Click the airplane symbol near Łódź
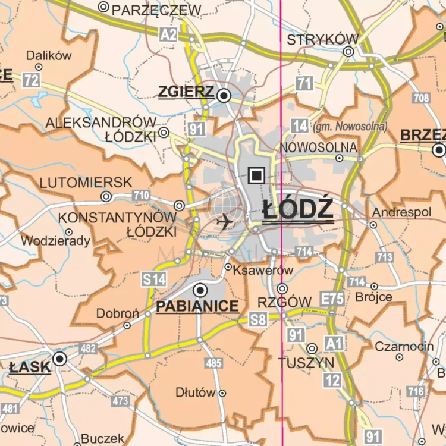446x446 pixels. [x=225, y=222]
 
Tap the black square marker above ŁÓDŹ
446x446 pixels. [x=257, y=175]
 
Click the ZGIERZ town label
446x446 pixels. [x=186, y=92]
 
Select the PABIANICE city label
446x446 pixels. [x=197, y=306]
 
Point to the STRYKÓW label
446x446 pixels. [x=322, y=40]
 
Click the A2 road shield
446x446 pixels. [x=168, y=34]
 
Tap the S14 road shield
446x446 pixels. [x=154, y=278]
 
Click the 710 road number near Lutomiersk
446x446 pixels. [x=141, y=195]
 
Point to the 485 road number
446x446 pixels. [x=213, y=363]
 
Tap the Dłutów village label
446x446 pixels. [x=195, y=392]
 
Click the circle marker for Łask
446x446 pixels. [x=59, y=359]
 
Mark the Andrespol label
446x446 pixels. [x=397, y=212]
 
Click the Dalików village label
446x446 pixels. [x=49, y=55]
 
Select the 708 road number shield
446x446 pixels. [x=420, y=98]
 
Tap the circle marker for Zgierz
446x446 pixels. [x=224, y=95]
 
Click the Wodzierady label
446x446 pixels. [x=55, y=241]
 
